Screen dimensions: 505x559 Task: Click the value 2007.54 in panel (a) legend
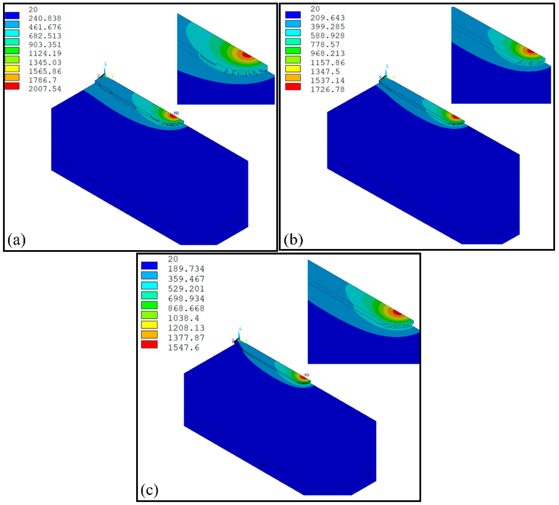click(x=45, y=89)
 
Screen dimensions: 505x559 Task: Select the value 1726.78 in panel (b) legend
click(x=327, y=89)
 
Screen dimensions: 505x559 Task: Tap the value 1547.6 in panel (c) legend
click(x=184, y=347)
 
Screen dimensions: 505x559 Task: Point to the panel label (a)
click(x=16, y=240)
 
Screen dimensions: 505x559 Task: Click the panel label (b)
click(x=293, y=240)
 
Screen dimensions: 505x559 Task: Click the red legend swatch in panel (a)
click(x=12, y=86)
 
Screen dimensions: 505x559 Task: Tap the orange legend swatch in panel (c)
click(x=149, y=334)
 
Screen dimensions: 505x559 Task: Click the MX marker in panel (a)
click(x=176, y=113)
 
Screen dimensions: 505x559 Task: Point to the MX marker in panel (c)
click(x=307, y=375)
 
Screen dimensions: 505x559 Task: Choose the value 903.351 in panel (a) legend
click(x=45, y=45)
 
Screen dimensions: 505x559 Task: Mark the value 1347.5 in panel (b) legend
click(x=325, y=71)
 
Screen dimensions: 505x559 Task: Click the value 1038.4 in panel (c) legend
click(x=183, y=318)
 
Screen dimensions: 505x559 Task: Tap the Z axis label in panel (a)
click(x=105, y=64)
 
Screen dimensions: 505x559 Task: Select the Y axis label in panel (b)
click(x=394, y=77)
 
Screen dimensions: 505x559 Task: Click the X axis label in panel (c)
click(x=233, y=340)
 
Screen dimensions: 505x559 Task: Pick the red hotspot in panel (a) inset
click(x=246, y=55)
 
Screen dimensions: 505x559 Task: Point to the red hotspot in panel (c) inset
click(x=397, y=313)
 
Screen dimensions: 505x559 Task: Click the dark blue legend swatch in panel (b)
click(x=293, y=15)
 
